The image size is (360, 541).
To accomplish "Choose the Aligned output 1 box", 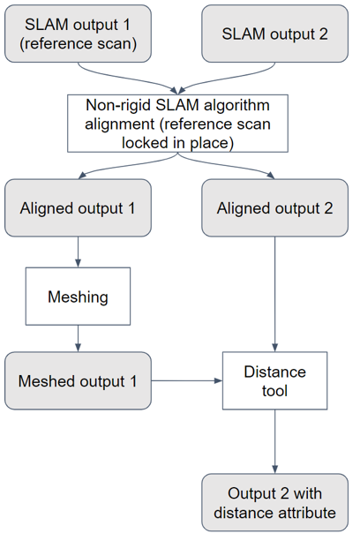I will pyautogui.click(x=79, y=208).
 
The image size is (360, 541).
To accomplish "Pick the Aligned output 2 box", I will pyautogui.click(x=275, y=208).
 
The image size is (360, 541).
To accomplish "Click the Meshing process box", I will pyautogui.click(x=79, y=297).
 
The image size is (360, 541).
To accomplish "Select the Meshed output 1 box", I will pyautogui.click(x=79, y=381).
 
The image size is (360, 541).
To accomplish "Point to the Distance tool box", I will pyautogui.click(x=275, y=381).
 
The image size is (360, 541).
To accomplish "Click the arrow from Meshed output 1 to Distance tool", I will pyautogui.click(x=186, y=381).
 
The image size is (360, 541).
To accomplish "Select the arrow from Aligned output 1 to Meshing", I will pyautogui.click(x=79, y=252).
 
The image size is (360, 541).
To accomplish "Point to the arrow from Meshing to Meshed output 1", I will pyautogui.click(x=79, y=339).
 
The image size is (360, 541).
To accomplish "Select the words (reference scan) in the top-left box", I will pyautogui.click(x=79, y=42).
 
